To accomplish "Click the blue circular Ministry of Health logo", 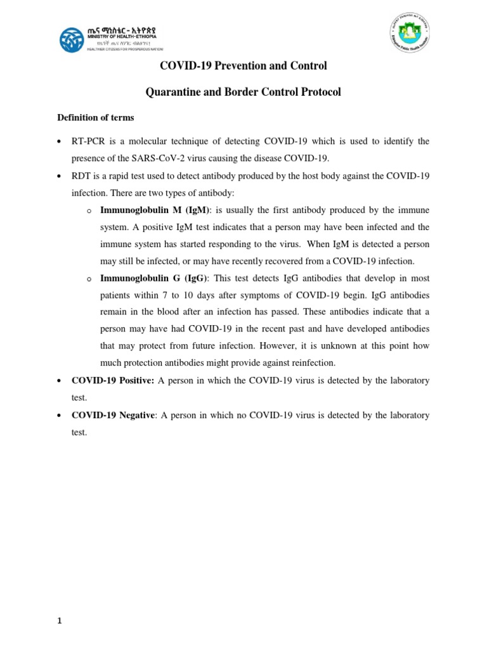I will click(72, 40).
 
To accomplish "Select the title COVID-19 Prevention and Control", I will click(243, 66).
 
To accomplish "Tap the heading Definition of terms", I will click(96, 117).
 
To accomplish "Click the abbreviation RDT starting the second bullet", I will click(82, 174).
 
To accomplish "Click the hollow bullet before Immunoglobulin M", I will click(89, 210).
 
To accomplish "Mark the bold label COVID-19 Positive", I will click(113, 380).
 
